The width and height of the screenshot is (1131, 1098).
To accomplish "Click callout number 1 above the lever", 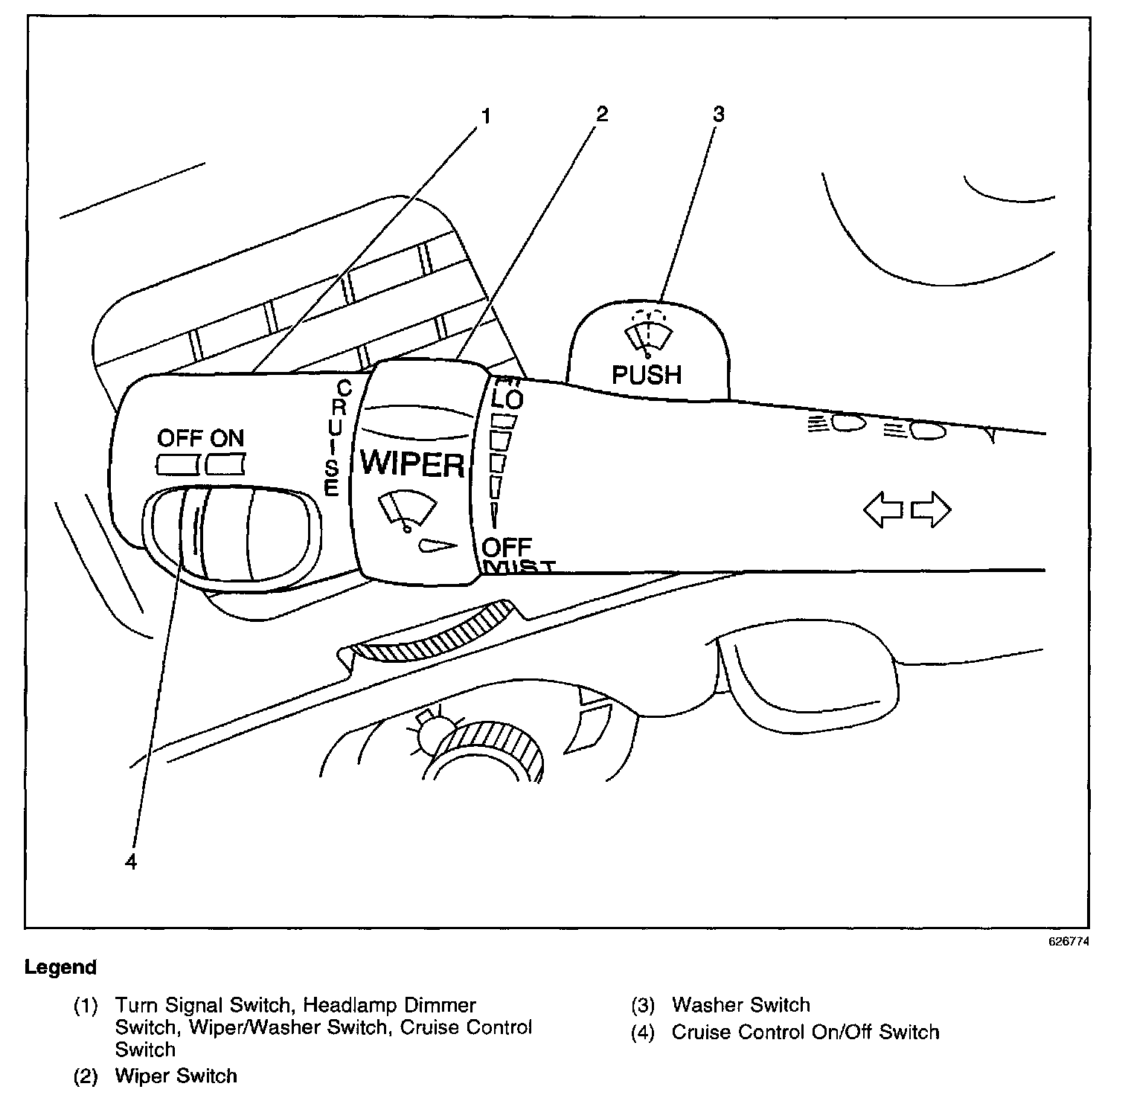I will (x=486, y=116).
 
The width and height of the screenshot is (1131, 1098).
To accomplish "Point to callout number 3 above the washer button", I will (x=718, y=114).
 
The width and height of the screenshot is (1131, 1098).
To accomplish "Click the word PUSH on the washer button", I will (x=647, y=375).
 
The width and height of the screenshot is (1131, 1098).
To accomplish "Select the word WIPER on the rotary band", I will (x=412, y=464).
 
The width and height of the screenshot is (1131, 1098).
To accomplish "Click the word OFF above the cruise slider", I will (x=179, y=437).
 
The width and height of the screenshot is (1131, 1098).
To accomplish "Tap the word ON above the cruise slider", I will (x=226, y=437).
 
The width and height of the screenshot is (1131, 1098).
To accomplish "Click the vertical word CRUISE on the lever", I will (x=334, y=438).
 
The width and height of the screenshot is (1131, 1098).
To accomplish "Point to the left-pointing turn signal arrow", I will (x=882, y=511).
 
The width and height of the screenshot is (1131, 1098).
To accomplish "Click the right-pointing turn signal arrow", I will (x=931, y=511).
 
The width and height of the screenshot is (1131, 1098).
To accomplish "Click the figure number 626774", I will (x=1069, y=941).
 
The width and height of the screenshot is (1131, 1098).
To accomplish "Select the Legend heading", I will (x=60, y=968).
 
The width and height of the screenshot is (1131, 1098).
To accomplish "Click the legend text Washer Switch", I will (x=740, y=1005).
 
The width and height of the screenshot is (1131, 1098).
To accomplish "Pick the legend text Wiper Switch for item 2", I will (x=176, y=1076).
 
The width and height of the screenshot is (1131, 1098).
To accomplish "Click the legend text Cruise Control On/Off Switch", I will (x=805, y=1033).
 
